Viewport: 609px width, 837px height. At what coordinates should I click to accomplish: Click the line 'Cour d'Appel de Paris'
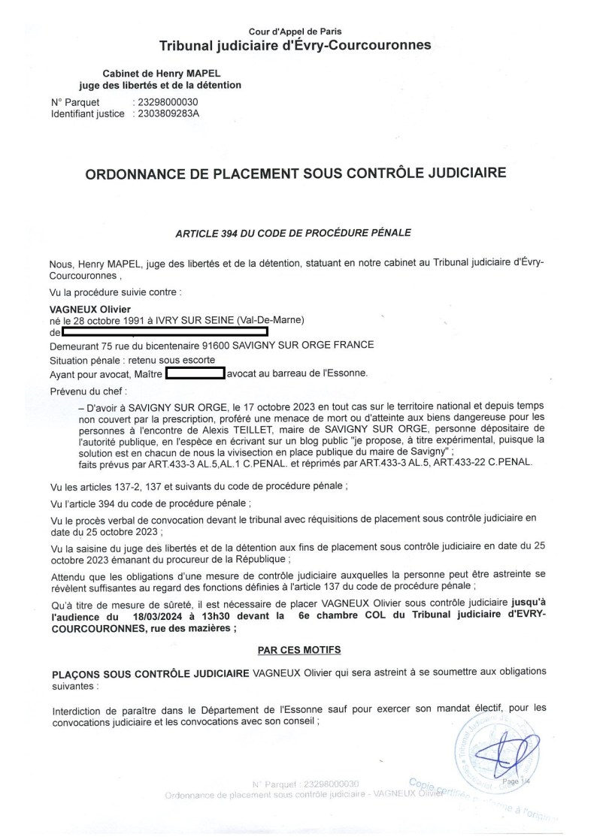295,32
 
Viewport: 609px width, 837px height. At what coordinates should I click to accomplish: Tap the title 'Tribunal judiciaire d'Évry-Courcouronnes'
295,46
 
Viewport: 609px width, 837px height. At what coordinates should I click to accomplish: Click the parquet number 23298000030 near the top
165,102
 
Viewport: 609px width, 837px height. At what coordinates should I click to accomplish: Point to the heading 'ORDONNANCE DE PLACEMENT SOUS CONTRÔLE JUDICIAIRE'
296,173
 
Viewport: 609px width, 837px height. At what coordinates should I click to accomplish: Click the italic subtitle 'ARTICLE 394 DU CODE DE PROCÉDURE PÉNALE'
294,234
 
